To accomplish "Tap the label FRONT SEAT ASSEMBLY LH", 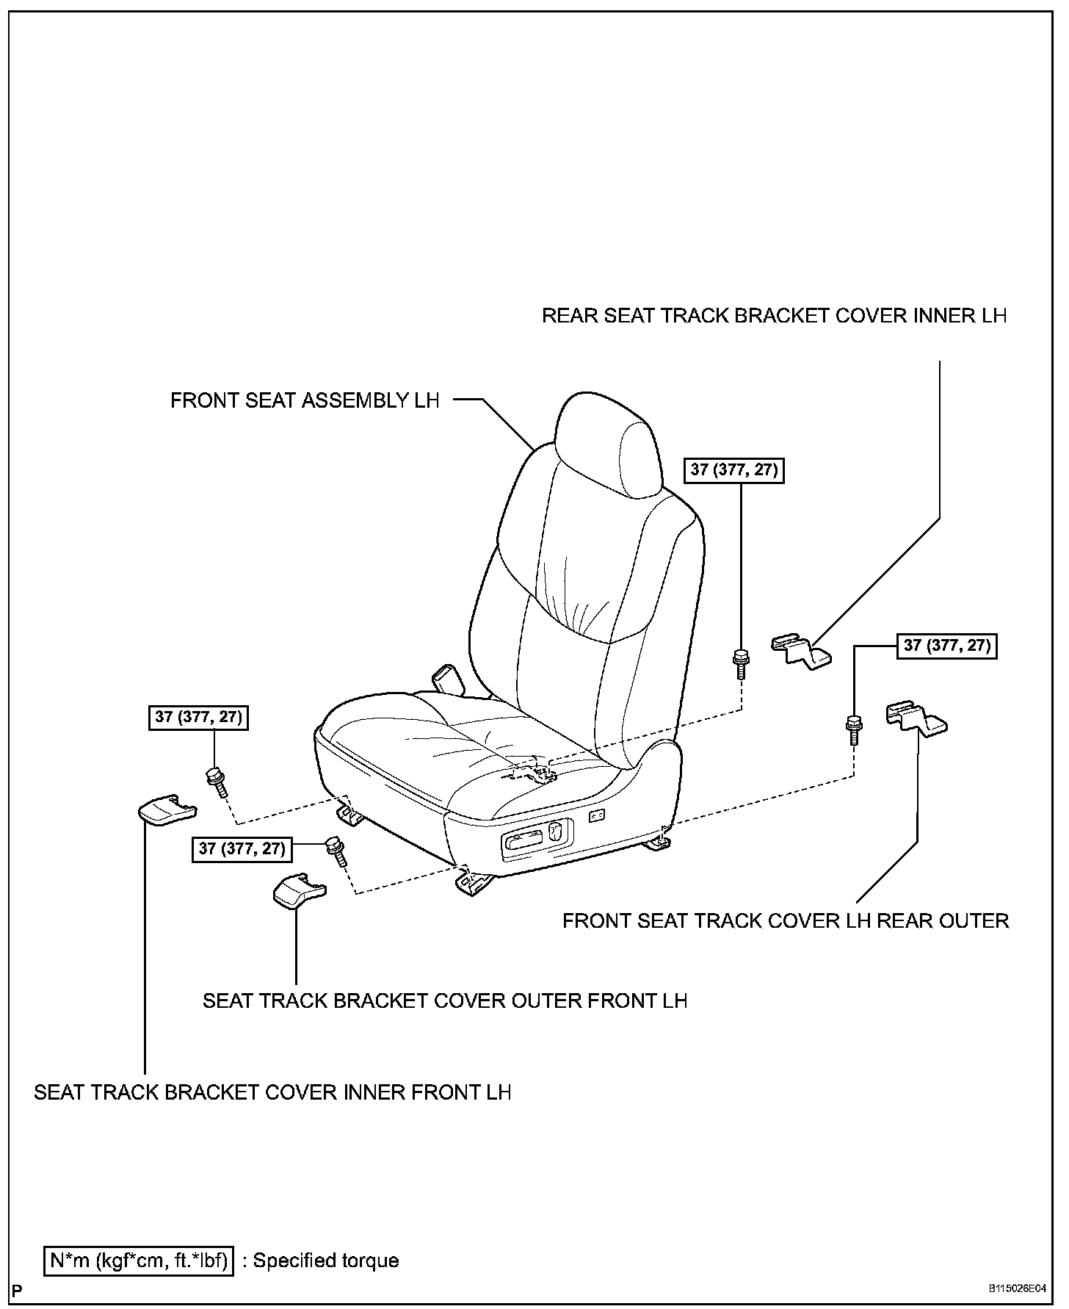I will coord(305,400).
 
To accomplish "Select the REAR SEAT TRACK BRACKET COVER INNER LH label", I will coord(774,316).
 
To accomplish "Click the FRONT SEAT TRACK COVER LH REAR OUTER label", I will coord(786,920).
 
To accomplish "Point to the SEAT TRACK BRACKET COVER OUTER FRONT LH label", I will coord(445,1000).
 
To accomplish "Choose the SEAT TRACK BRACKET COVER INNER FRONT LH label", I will coord(272,1092).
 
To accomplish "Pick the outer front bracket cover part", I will coord(298,891).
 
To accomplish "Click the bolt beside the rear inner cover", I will coord(741,662).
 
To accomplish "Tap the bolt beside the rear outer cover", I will coord(854,728).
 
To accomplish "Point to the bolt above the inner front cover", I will coord(217,781).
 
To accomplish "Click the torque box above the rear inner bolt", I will coord(733,469).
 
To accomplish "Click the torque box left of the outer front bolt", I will coord(242,848).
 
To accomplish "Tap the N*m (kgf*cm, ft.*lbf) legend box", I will coord(138,1261).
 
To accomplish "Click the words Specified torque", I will coord(325,1261).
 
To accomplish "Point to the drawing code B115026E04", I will coord(1016,1289).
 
